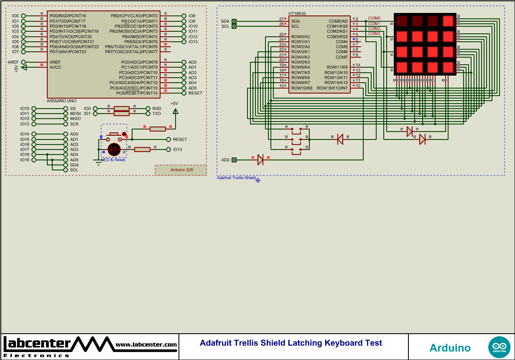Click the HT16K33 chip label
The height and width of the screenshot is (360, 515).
coord(297,13)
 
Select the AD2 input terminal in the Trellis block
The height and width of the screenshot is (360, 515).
coord(234,160)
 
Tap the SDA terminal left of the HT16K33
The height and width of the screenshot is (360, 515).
coord(234,21)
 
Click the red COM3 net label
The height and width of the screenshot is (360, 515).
coord(374,34)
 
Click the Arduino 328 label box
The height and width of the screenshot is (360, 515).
coord(181,170)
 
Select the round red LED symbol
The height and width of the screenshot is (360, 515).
coord(114,149)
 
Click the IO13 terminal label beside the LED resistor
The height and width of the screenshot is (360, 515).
coord(178,150)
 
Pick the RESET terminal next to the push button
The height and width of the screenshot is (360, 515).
coord(180,139)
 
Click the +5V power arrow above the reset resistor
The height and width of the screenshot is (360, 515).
coord(175,111)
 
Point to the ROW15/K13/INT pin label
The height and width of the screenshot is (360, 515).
coord(332,88)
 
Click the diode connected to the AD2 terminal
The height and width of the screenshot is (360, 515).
coord(260,160)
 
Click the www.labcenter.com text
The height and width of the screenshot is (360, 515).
coord(146,345)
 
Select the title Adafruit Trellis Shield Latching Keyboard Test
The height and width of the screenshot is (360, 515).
coord(291,343)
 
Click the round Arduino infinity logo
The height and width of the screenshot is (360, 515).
coord(499,347)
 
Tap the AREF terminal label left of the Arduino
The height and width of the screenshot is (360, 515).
coord(13,62)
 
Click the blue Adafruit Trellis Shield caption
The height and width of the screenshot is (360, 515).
coord(236,178)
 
